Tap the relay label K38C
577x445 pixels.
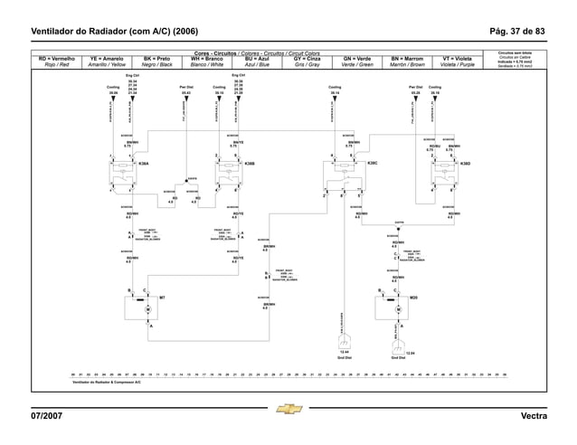(x=372, y=164)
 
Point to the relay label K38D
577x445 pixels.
(x=465, y=164)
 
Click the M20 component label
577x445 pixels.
(x=413, y=297)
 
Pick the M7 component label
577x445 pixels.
(x=162, y=297)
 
